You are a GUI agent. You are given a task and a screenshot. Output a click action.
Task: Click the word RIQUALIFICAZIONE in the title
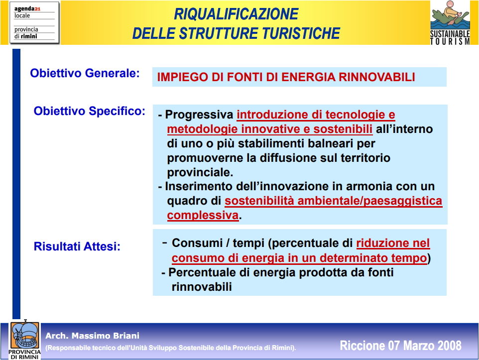pyautogui.click(x=236, y=14)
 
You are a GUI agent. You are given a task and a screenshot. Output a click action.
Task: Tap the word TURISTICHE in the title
pyautogui.click(x=301, y=33)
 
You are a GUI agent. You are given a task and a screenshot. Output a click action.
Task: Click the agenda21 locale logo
pyautogui.click(x=34, y=23)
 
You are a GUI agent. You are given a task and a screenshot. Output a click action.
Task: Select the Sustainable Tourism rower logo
pyautogui.click(x=450, y=23)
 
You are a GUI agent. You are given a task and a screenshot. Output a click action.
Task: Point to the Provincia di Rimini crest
pyautogui.click(x=25, y=339)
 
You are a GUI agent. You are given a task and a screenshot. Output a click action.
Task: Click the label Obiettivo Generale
pyautogui.click(x=85, y=73)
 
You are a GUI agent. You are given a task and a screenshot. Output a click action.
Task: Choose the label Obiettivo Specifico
pyautogui.click(x=90, y=111)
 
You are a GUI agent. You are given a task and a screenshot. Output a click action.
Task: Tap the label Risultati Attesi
pyautogui.click(x=77, y=246)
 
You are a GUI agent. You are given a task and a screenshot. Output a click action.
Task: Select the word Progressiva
pyautogui.click(x=199, y=115)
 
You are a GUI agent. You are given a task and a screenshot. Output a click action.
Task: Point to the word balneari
pyautogui.click(x=329, y=143)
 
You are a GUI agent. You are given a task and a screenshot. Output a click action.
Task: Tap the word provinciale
pyautogui.click(x=200, y=173)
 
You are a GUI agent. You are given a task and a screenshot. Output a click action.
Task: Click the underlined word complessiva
pyautogui.click(x=203, y=216)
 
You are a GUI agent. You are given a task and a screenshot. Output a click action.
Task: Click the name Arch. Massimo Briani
pyautogui.click(x=92, y=336)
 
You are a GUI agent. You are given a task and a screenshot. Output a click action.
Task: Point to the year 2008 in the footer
pyautogui.click(x=449, y=346)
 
